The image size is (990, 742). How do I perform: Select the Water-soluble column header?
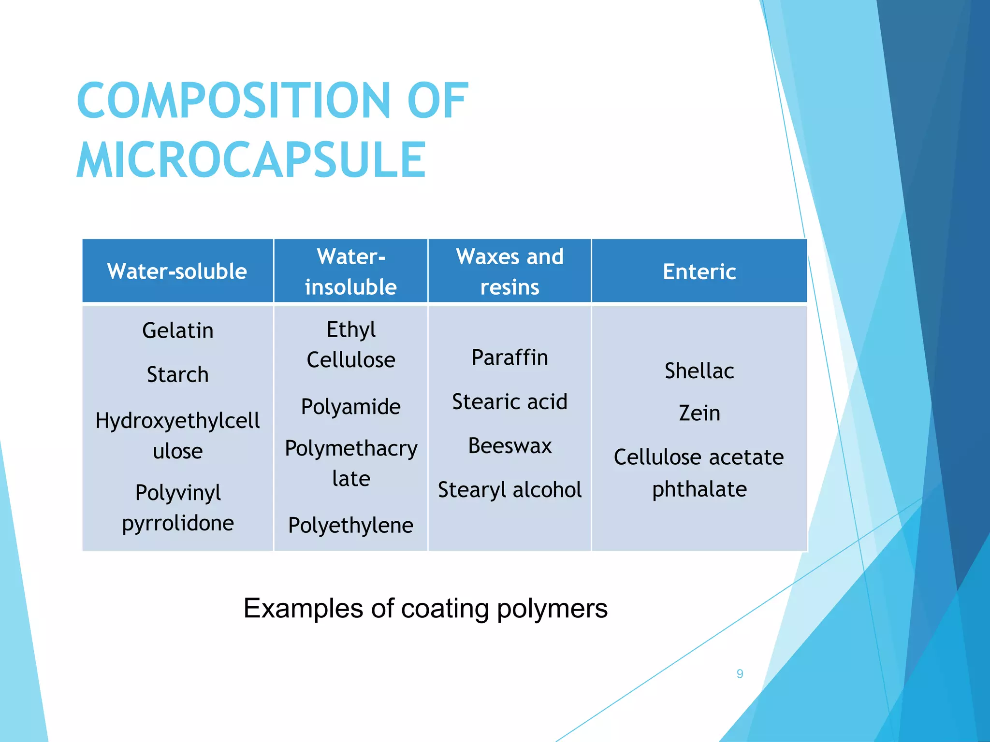(x=177, y=271)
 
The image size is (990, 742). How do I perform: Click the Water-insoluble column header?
(x=351, y=271)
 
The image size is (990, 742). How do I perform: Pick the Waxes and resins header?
(x=510, y=271)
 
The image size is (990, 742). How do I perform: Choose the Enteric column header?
(x=699, y=271)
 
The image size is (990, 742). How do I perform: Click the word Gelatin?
(x=177, y=331)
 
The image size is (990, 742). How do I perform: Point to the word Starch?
(x=177, y=375)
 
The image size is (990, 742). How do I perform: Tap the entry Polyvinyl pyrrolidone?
(x=177, y=508)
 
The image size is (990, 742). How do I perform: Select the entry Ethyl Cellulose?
(x=351, y=345)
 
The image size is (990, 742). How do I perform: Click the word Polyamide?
(x=351, y=407)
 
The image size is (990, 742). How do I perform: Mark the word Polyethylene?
(x=351, y=526)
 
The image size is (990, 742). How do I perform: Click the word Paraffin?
(x=510, y=358)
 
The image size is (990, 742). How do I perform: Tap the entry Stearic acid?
(x=510, y=402)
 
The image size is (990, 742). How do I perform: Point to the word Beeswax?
(x=510, y=446)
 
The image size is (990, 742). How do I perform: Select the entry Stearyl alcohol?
(x=510, y=490)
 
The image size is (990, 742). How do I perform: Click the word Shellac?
(x=699, y=371)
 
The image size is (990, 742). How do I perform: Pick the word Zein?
(x=699, y=414)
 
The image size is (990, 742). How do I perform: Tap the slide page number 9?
(x=740, y=674)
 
